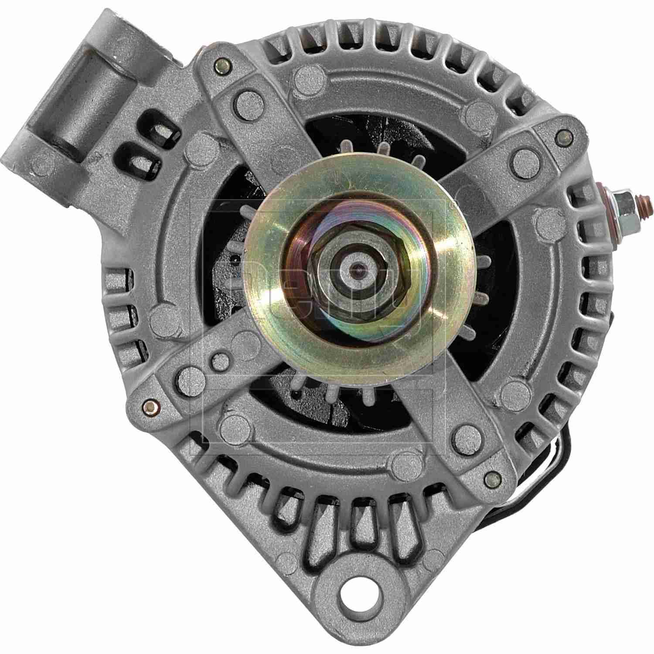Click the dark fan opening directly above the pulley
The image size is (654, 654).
[349, 131]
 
